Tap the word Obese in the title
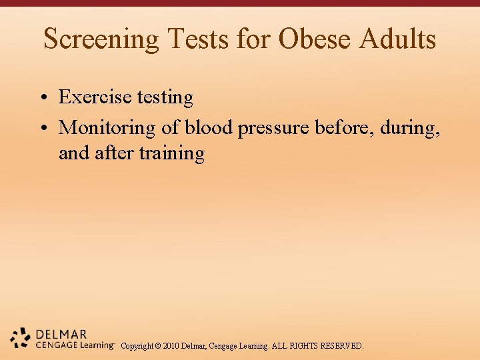315,39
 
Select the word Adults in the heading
397,39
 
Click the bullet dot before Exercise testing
42,98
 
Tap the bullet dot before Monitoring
42,127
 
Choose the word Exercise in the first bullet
95,97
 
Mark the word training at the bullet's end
172,154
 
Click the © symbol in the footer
158,346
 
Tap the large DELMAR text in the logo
61,334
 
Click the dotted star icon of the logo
21,339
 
